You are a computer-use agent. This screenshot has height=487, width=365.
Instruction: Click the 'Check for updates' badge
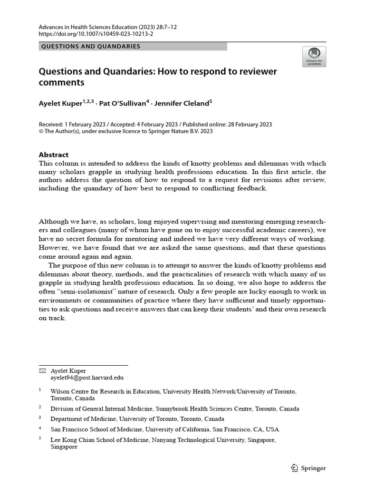point(314,56)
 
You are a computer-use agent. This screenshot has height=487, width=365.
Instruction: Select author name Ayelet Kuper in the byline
point(63,103)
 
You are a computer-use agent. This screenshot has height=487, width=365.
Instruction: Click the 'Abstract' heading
point(53,155)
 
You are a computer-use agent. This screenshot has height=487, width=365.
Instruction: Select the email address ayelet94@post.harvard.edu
point(87,378)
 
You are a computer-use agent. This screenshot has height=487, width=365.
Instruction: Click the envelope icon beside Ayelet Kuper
point(42,370)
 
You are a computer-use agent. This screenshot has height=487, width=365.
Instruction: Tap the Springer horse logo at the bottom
point(294,468)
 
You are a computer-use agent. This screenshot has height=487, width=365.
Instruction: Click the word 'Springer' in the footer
point(314,468)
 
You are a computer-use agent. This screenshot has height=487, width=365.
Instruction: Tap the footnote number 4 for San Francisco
point(40,428)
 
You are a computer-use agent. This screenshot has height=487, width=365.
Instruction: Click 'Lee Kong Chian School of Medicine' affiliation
point(100,440)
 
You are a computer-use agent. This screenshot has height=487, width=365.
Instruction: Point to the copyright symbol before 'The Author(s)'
point(40,132)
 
